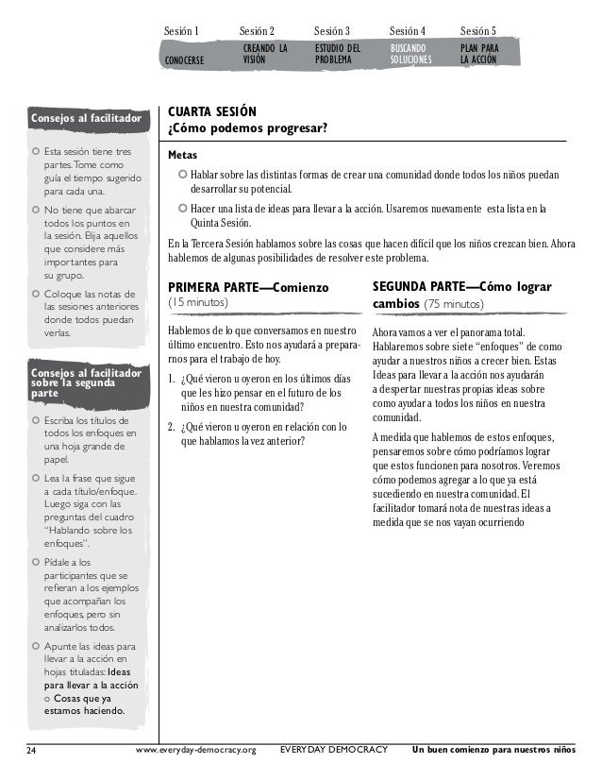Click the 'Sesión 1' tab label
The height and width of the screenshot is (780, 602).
coord(181,31)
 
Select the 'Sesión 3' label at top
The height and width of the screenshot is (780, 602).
coord(331,31)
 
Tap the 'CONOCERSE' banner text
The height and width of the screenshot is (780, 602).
coord(189,59)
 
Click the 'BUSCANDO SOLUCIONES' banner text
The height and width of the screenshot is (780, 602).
coord(410,53)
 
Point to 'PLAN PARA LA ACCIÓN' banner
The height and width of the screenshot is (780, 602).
coord(480,53)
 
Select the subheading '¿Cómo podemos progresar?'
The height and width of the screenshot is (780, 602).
coord(246,128)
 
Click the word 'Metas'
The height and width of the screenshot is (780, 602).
coord(183,155)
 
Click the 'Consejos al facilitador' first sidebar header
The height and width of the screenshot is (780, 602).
coord(86,120)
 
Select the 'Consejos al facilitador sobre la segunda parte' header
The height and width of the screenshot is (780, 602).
coord(86,383)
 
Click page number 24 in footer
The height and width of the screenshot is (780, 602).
coord(31,751)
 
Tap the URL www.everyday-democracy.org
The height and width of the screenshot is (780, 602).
coord(195,751)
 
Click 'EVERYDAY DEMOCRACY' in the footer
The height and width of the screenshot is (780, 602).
coord(334,751)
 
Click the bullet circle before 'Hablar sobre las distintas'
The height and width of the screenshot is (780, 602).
coord(183,175)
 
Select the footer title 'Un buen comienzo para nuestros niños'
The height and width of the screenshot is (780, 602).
coord(493,751)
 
